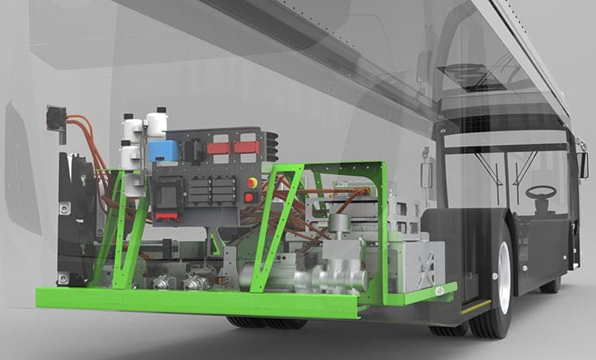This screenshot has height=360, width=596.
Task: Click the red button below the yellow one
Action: pyautogui.click(x=249, y=197)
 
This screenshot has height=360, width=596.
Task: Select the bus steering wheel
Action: pyautogui.click(x=541, y=192)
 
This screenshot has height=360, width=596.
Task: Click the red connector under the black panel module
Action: pyautogui.click(x=165, y=216)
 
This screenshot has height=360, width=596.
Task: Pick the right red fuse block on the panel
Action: pyautogui.click(x=246, y=148)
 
